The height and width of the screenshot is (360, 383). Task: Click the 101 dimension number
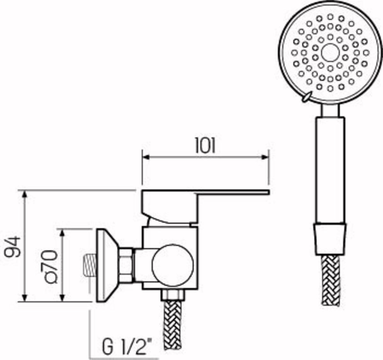[205, 145]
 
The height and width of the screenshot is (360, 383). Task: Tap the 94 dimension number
[12, 247]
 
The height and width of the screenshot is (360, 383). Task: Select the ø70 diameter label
[50, 267]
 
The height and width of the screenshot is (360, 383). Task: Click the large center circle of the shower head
[330, 53]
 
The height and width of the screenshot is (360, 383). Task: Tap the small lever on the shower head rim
[307, 97]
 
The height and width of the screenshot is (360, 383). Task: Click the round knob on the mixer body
[172, 265]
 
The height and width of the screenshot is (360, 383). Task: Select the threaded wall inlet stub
[89, 265]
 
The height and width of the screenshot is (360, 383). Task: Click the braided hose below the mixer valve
[173, 322]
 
